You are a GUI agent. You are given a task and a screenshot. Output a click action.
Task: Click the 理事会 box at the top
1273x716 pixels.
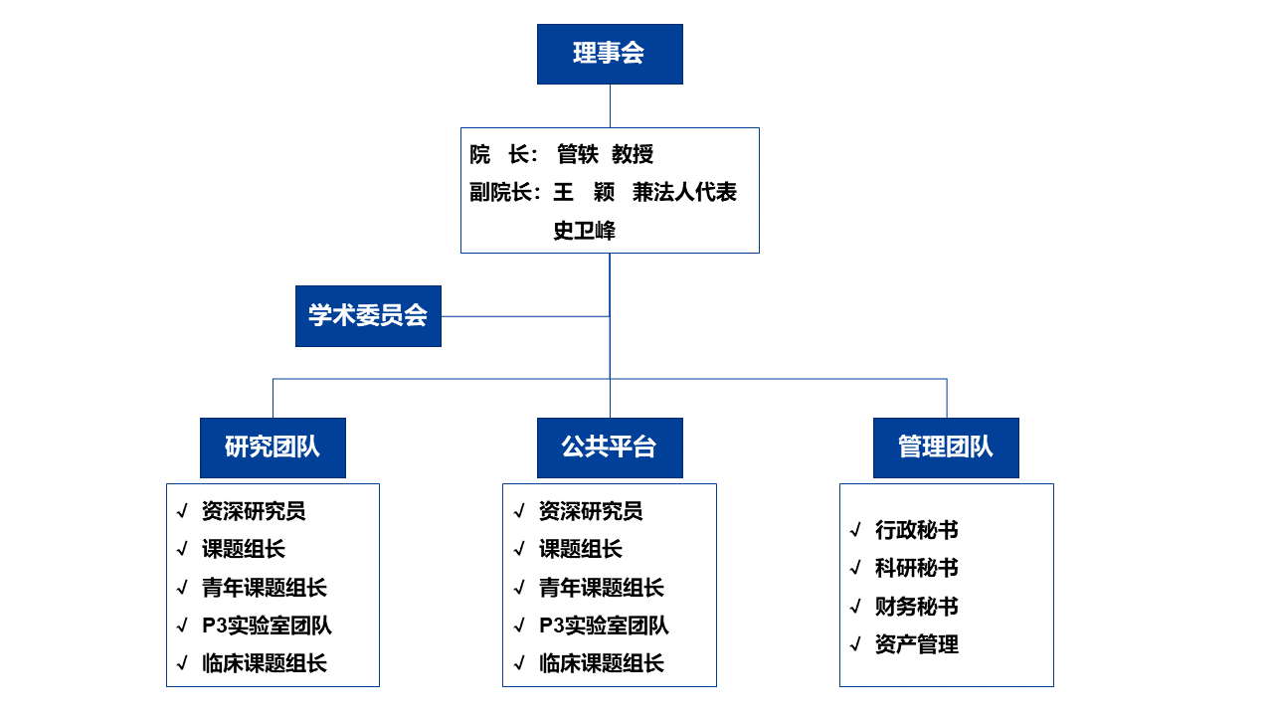pyautogui.click(x=610, y=54)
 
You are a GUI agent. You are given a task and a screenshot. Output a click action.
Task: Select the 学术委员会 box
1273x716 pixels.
pyautogui.click(x=368, y=316)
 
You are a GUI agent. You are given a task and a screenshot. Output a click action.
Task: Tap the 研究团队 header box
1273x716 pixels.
pyautogui.click(x=273, y=447)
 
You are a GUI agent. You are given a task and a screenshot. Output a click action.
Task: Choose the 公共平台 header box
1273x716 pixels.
pyautogui.click(x=610, y=447)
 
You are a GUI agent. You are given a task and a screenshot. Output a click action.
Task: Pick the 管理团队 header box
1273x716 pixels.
pyautogui.click(x=946, y=447)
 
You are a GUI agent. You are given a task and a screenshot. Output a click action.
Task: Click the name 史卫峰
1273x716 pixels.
pyautogui.click(x=584, y=230)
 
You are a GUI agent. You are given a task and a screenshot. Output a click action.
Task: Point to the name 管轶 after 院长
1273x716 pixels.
pyautogui.click(x=578, y=154)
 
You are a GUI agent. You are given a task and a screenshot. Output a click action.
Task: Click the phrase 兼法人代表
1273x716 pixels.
pyautogui.click(x=684, y=192)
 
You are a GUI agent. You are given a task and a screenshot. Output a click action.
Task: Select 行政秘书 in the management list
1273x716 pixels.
pyautogui.click(x=917, y=530)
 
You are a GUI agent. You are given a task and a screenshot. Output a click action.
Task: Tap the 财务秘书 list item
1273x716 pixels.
pyautogui.click(x=917, y=607)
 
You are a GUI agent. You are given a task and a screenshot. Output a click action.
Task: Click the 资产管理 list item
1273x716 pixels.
pyautogui.click(x=917, y=644)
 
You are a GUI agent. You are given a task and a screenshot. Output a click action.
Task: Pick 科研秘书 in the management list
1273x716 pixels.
pyautogui.click(x=917, y=568)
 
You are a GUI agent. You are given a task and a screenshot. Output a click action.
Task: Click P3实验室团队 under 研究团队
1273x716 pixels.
pyautogui.click(x=267, y=626)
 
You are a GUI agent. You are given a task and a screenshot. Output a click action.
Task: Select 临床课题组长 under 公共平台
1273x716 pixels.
pyautogui.click(x=602, y=663)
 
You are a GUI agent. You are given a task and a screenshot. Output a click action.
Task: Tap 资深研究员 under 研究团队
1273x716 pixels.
pyautogui.click(x=254, y=511)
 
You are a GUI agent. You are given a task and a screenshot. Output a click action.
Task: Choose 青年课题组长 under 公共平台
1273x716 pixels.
pyautogui.click(x=602, y=588)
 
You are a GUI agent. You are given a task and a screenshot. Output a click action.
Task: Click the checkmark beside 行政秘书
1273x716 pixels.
pyautogui.click(x=856, y=530)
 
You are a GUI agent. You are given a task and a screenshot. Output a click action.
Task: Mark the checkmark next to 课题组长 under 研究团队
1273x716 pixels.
pyautogui.click(x=182, y=549)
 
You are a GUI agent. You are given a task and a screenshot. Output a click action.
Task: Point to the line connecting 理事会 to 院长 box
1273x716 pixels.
pyautogui.click(x=610, y=106)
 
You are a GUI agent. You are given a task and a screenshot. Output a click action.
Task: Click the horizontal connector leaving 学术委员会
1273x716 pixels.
pyautogui.click(x=526, y=316)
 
